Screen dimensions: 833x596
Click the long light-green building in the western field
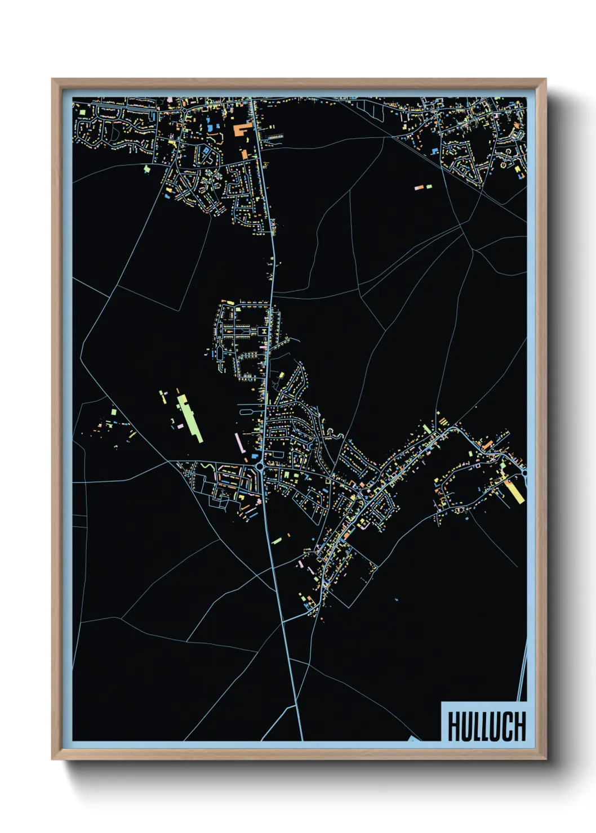(189, 418)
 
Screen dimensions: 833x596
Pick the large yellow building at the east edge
(514, 490)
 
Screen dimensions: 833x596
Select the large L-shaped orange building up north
(242, 129)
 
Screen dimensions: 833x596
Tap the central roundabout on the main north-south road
(260, 467)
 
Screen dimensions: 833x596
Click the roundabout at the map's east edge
(525, 474)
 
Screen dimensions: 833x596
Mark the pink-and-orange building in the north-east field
(423, 186)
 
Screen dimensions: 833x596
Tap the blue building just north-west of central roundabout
(254, 455)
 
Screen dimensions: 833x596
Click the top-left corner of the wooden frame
(52, 79)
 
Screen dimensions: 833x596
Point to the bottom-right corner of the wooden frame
(546, 759)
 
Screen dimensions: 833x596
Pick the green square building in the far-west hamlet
(114, 413)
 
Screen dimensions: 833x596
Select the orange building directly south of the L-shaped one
(244, 153)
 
